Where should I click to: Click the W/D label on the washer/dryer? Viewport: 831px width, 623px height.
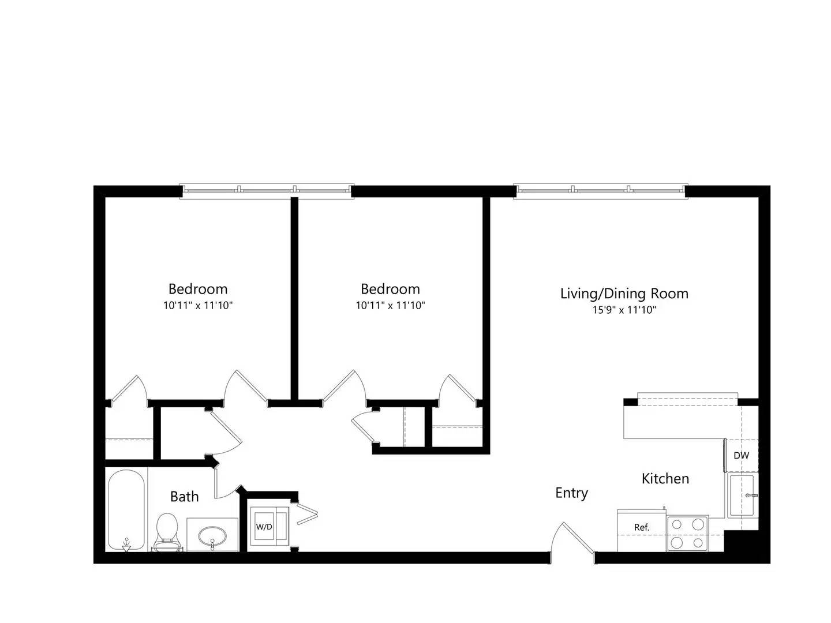pyautogui.click(x=264, y=527)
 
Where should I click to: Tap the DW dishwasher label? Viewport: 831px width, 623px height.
pyautogui.click(x=741, y=456)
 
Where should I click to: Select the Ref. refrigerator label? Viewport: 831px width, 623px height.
pyautogui.click(x=641, y=527)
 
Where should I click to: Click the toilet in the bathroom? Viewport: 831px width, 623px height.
pyautogui.click(x=167, y=531)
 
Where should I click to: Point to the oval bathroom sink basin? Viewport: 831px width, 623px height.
pyautogui.click(x=212, y=536)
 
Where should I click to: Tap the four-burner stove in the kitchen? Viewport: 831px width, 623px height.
pyautogui.click(x=687, y=534)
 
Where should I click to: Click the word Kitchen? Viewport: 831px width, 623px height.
pyautogui.click(x=665, y=479)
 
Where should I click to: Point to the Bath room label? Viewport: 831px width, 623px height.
pyautogui.click(x=184, y=497)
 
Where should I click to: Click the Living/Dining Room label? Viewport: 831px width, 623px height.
pyautogui.click(x=624, y=294)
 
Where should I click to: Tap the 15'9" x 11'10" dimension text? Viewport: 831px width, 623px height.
pyautogui.click(x=624, y=310)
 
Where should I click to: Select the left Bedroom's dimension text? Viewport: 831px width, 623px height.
pyautogui.click(x=197, y=306)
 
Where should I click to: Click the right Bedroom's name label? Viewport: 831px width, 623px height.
pyautogui.click(x=390, y=290)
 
